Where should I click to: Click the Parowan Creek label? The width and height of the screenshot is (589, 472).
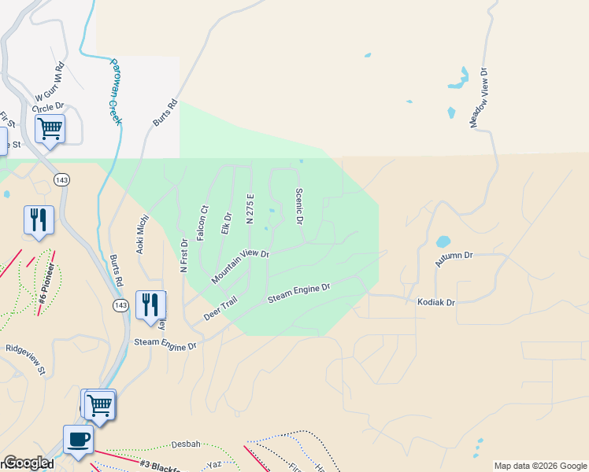(115, 91)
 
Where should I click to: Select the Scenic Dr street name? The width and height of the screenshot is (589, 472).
(299, 206)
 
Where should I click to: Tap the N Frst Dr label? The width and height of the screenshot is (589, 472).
(184, 256)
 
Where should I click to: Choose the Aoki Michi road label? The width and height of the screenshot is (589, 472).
(143, 234)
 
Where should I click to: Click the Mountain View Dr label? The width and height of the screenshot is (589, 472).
(240, 267)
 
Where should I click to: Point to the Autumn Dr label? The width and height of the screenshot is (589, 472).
(456, 256)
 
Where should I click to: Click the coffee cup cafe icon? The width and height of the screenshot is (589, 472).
(78, 439)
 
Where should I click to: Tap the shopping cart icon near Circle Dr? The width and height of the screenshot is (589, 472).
(50, 128)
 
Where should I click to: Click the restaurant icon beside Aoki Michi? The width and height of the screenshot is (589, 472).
(150, 304)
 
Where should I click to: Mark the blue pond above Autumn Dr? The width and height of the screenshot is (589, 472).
(443, 242)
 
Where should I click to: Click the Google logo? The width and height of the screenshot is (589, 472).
(27, 463)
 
